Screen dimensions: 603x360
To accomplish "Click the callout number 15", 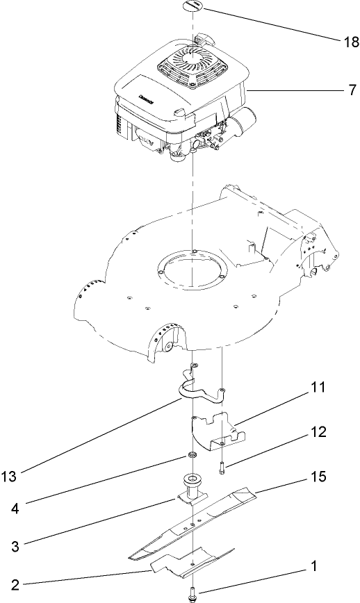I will [318, 478].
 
